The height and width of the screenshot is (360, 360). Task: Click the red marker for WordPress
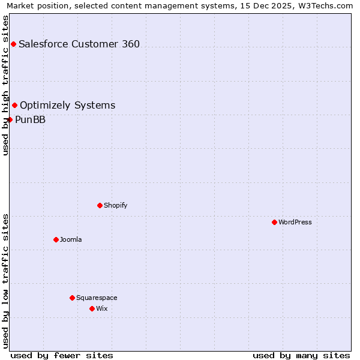[x=274, y=222]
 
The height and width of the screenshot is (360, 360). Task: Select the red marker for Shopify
[x=100, y=205]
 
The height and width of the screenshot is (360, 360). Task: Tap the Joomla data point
[x=56, y=239]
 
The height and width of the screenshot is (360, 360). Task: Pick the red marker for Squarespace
[x=72, y=298]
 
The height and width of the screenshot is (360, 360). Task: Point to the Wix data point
[x=92, y=308]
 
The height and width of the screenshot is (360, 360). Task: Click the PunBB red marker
[x=10, y=119]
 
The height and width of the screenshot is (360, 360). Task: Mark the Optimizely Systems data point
[x=15, y=106]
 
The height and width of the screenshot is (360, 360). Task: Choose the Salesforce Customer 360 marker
[x=13, y=44]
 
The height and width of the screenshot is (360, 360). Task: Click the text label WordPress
[x=295, y=222]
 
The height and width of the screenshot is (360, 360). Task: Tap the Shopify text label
[x=116, y=205]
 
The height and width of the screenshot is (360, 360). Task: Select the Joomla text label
[x=71, y=239]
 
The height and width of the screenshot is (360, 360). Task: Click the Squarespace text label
[x=97, y=298]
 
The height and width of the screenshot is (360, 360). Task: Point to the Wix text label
[x=102, y=308]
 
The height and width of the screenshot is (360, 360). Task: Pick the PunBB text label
[x=31, y=119]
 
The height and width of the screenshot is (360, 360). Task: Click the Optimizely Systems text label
[x=68, y=106]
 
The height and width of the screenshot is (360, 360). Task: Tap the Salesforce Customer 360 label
[x=79, y=44]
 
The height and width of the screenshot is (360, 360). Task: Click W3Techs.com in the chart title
[x=325, y=5]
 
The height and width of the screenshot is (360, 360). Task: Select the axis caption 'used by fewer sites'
[x=62, y=355]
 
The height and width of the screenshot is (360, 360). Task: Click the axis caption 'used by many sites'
[x=301, y=355]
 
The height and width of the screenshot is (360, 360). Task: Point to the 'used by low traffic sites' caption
[x=5, y=281]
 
